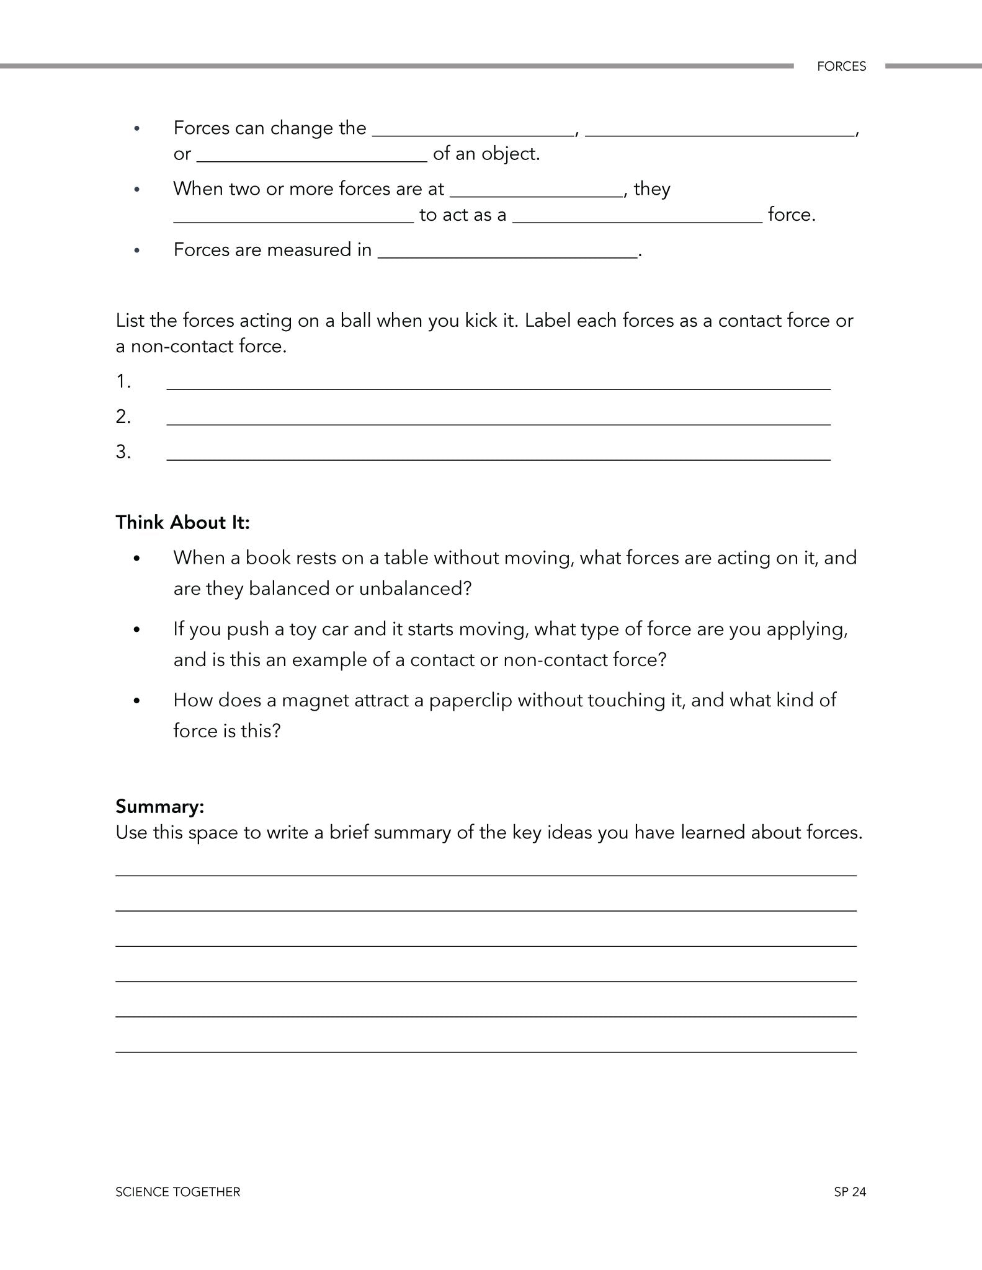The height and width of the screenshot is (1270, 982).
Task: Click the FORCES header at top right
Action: [x=841, y=66]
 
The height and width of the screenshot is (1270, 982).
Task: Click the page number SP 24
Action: [x=850, y=1191]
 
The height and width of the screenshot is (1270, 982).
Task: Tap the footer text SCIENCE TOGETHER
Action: [x=177, y=1191]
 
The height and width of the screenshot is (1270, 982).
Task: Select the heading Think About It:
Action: [x=182, y=522]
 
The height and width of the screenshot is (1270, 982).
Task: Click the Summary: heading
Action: [x=159, y=806]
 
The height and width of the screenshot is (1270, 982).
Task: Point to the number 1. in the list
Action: [x=123, y=381]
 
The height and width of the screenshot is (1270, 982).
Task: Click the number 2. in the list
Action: [x=123, y=416]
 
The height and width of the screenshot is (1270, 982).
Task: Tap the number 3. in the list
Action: [x=123, y=451]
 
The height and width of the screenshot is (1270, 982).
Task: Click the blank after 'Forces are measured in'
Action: [x=507, y=251]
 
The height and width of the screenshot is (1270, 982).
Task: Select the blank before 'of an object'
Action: [x=311, y=155]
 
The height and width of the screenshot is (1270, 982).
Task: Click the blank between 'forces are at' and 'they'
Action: [x=536, y=190]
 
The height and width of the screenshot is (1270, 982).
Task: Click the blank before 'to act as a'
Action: [x=293, y=216]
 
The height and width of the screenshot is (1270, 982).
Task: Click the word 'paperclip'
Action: [x=470, y=700]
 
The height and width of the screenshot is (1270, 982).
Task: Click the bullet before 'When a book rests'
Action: [x=137, y=558]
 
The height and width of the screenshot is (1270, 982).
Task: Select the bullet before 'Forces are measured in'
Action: [x=137, y=250]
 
